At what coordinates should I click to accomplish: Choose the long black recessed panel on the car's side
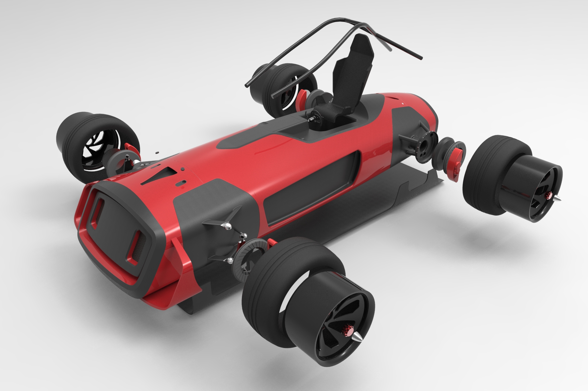click(x=309, y=186)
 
